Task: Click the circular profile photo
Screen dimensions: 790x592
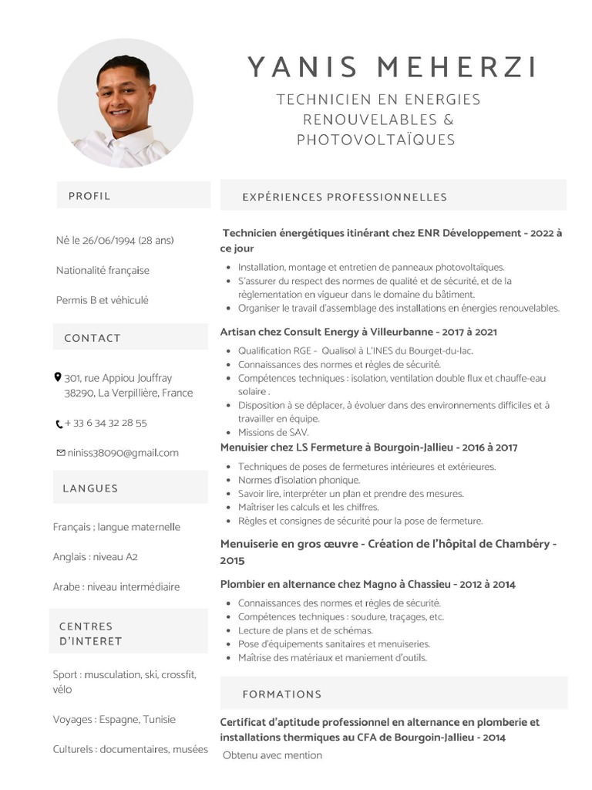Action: tap(126, 103)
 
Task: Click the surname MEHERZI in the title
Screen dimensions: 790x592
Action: tap(456, 68)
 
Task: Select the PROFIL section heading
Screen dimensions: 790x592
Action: tap(89, 196)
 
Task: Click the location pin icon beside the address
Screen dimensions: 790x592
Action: tap(58, 377)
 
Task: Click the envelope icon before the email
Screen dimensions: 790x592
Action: tap(60, 453)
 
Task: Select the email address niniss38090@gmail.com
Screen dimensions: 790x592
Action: tap(123, 453)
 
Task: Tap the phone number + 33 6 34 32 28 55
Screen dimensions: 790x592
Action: tap(106, 424)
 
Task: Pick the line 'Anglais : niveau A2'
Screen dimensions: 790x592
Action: tap(96, 557)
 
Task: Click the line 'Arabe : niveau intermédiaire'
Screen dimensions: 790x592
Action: tap(116, 587)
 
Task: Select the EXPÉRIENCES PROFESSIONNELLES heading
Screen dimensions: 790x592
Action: tap(345, 197)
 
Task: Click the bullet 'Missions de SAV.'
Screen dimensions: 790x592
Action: tap(273, 433)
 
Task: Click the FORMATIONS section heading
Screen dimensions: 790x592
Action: tap(282, 694)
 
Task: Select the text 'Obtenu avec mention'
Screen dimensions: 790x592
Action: tap(273, 756)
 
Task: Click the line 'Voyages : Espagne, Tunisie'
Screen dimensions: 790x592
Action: tap(114, 720)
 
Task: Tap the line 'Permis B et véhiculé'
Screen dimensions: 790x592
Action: tap(103, 300)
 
